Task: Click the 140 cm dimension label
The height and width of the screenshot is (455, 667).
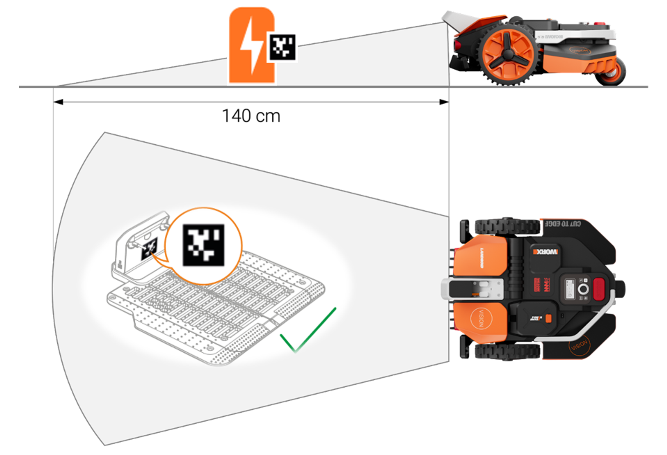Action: click(251, 116)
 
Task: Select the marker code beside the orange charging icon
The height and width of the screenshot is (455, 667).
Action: click(282, 47)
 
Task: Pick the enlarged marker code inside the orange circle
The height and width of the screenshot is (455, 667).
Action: click(203, 245)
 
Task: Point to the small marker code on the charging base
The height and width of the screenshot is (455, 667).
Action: click(149, 249)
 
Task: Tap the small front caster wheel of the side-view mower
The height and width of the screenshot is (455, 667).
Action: click(612, 72)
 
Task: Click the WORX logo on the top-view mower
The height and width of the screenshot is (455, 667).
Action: click(545, 252)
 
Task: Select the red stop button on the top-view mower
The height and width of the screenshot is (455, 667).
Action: click(599, 289)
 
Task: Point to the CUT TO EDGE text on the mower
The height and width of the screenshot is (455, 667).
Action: click(563, 223)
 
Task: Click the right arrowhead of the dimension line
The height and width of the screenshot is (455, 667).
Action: click(444, 102)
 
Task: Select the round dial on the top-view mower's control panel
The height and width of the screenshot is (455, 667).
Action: click(583, 289)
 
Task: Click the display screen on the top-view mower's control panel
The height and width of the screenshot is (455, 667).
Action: click(569, 289)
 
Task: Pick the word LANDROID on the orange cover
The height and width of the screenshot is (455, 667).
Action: click(482, 258)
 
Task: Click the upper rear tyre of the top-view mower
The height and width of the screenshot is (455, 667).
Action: click(507, 226)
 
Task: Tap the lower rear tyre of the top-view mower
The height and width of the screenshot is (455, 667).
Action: click(507, 351)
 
